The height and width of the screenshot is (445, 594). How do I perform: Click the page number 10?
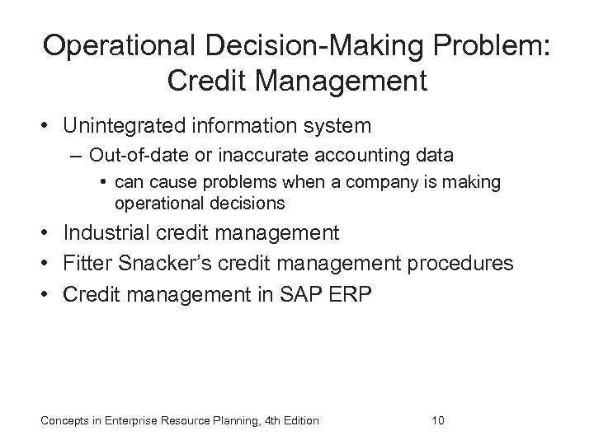point(437,421)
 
